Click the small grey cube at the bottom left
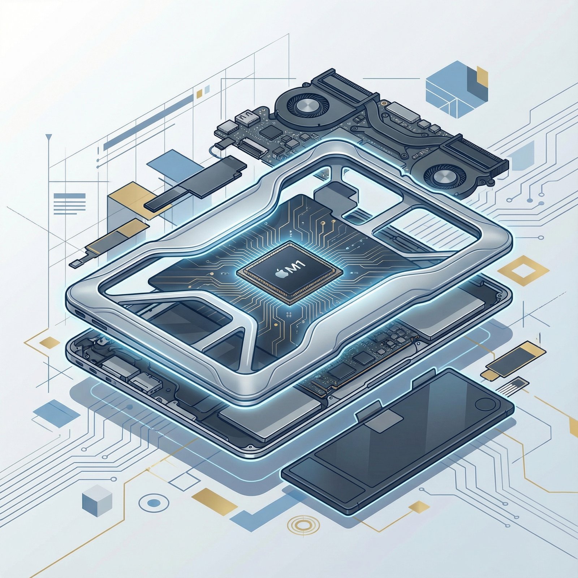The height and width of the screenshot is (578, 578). [97, 503]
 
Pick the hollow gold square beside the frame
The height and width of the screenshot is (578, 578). [523, 271]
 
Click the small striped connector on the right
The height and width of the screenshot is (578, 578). [511, 386]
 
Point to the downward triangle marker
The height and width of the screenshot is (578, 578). [49, 137]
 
